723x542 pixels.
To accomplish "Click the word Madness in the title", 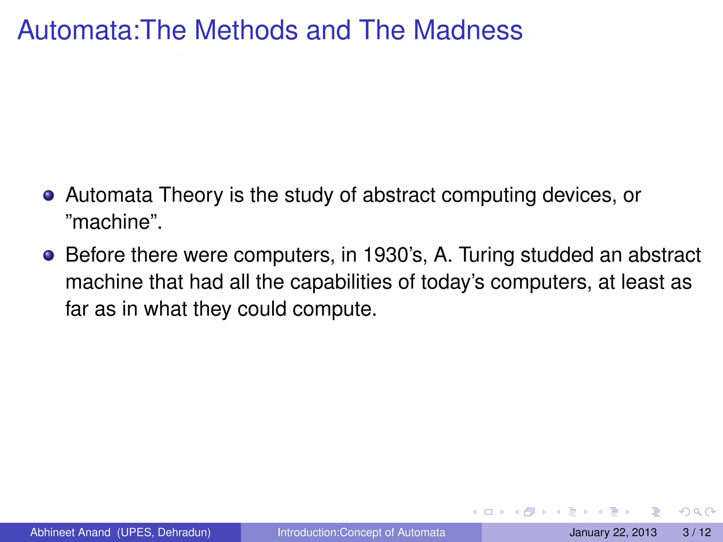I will (x=468, y=30).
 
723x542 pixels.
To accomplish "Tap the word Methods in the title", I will (x=246, y=30).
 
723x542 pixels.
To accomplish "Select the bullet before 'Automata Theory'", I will (x=49, y=195).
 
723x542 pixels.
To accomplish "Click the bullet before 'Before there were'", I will (x=49, y=255).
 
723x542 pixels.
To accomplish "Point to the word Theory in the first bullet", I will (x=191, y=195).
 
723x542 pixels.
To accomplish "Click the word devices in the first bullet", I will (x=579, y=195).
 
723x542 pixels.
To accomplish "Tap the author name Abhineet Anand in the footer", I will (x=70, y=532).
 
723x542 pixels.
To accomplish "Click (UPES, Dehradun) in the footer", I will (x=164, y=532).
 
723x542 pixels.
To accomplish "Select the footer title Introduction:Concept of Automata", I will (x=361, y=532).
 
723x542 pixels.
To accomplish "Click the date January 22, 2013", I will (x=613, y=532).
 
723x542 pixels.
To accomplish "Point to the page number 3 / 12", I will (x=697, y=532).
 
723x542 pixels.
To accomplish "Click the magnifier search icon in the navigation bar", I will (x=697, y=512).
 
